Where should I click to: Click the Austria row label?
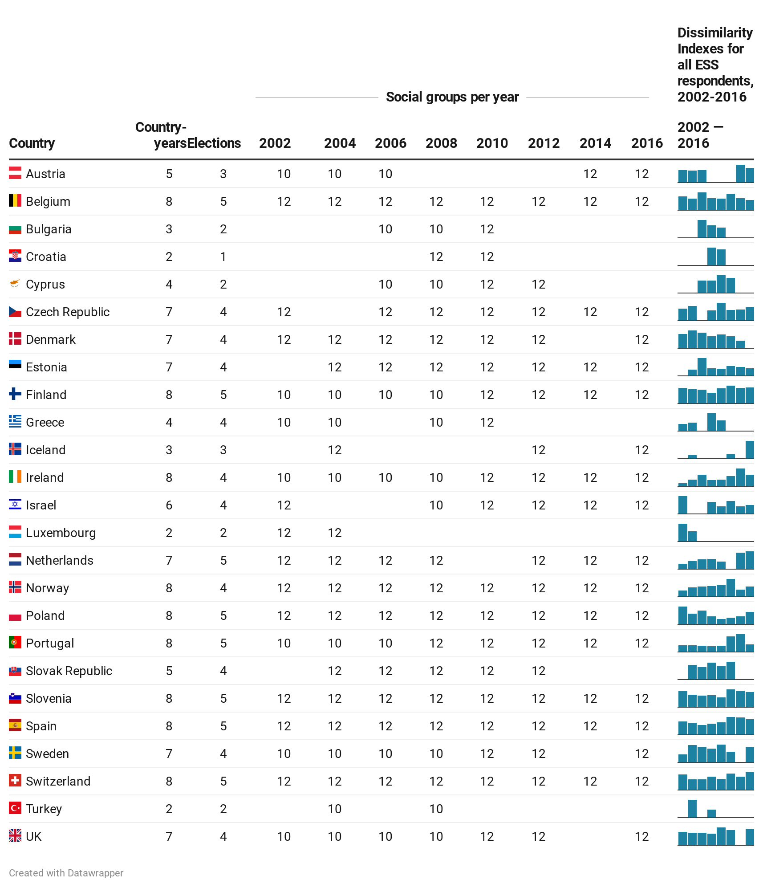pos(45,174)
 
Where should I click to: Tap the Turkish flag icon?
pos(15,808)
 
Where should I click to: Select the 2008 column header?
pos(441,143)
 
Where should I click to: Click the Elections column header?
pos(214,143)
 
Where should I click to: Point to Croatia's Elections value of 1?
pos(223,257)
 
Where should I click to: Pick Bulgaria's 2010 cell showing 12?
pos(487,229)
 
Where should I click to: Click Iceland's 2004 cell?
pos(334,450)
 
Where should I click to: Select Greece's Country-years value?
pos(169,422)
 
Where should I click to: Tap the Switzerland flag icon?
pos(15,780)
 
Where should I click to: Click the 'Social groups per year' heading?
pos(452,97)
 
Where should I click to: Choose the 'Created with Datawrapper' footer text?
pos(66,873)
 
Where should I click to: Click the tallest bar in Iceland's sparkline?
pos(750,450)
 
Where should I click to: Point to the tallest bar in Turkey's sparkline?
pos(692,808)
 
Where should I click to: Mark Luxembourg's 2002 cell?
pos(284,533)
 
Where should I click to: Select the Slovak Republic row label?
pos(69,671)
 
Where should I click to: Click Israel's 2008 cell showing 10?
pos(436,505)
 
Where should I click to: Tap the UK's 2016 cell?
pos(641,836)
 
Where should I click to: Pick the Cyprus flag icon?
pos(15,284)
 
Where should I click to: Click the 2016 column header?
pos(647,143)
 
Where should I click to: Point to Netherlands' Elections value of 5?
pos(223,560)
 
